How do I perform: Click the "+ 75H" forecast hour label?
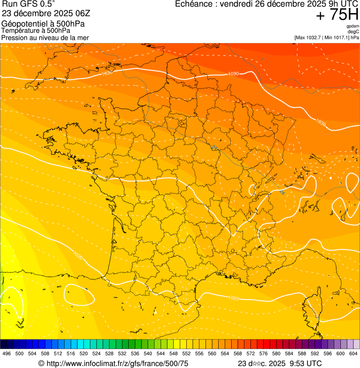click(337, 15)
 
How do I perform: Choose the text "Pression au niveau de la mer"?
click(45, 37)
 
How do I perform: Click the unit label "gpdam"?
click(353, 26)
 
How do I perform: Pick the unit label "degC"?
click(353, 32)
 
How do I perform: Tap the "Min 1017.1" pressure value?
click(337, 37)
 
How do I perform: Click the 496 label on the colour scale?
click(7, 353)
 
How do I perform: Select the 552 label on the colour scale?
click(186, 353)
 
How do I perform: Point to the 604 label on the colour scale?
click(353, 353)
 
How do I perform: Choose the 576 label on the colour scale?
click(263, 353)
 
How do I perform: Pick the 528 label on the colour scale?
click(109, 353)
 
